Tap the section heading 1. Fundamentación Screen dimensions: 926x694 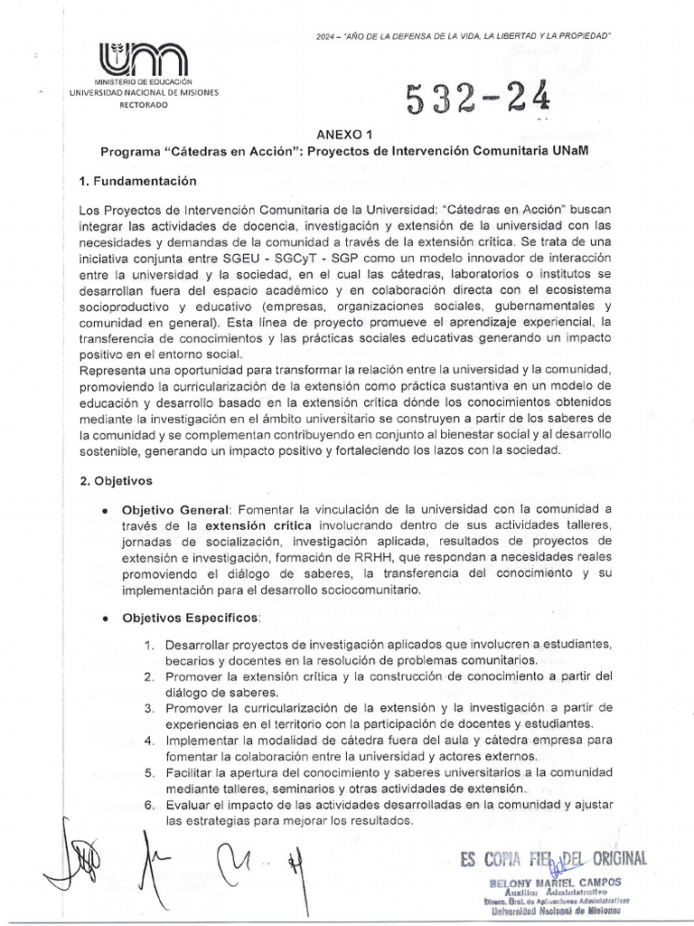click(137, 182)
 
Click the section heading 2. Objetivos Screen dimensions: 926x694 click(117, 481)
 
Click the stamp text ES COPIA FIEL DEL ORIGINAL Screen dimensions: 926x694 click(552, 859)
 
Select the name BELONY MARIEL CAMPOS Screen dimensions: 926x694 click(554, 883)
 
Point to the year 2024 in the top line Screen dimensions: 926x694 click(326, 34)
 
